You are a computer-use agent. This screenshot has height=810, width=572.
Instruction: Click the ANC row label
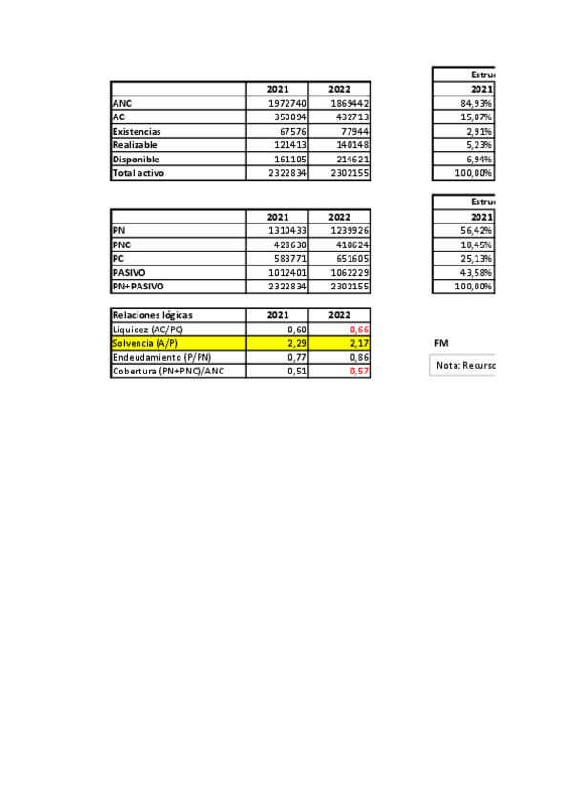122,103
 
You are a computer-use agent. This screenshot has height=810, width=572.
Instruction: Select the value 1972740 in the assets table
286,103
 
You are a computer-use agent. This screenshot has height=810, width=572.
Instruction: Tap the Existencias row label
137,131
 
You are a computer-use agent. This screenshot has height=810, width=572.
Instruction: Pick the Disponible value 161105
286,159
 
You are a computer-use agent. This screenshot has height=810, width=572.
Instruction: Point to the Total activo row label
138,173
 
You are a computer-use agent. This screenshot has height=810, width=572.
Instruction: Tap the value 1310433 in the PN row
286,231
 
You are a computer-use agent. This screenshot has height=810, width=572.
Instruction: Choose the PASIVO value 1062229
348,272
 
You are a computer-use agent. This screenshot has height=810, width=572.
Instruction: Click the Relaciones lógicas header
152,315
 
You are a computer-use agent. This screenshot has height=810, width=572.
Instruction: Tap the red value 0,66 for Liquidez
359,330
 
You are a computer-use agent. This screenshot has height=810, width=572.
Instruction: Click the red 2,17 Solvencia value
359,343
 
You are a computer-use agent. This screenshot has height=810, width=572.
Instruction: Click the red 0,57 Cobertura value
359,371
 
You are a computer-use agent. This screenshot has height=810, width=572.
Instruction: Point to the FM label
441,342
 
